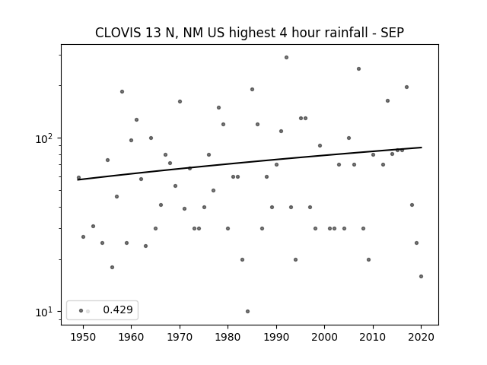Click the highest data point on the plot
pyautogui.click(x=286, y=58)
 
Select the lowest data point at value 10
pyautogui.click(x=247, y=311)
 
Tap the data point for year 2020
pyautogui.click(x=421, y=276)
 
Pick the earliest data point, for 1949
pyautogui.click(x=78, y=177)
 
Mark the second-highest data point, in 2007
pyautogui.click(x=358, y=69)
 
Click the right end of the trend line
pyautogui.click(x=422, y=147)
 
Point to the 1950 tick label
pyautogui.click(x=83, y=337)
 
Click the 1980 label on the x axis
pyautogui.click(x=228, y=337)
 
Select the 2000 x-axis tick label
pyautogui.click(x=325, y=337)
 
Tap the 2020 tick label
pyautogui.click(x=421, y=337)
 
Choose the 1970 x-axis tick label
pyautogui.click(x=180, y=337)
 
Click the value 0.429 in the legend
pyautogui.click(x=118, y=309)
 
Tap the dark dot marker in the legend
pyautogui.click(x=81, y=310)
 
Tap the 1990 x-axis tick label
pyautogui.click(x=276, y=337)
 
